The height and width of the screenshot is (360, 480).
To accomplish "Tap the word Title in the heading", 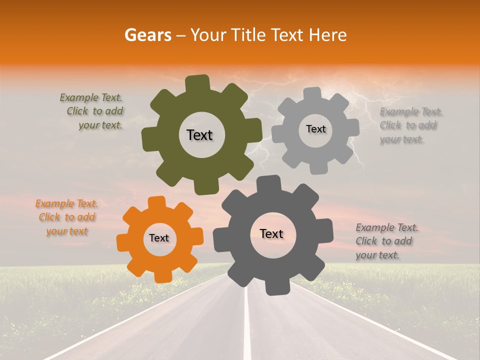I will [250, 35].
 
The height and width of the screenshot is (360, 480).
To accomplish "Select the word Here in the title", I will [328, 35].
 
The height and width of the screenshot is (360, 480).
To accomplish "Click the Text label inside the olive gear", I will [199, 135].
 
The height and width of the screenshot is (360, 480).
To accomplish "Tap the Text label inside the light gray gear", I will [315, 129].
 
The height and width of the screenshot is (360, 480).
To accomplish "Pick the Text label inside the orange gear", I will [159, 238].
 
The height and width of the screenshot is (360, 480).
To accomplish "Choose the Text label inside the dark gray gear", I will [271, 234].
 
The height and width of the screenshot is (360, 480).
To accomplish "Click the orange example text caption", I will [66, 217].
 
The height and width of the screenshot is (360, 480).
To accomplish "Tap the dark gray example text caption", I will [386, 241].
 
